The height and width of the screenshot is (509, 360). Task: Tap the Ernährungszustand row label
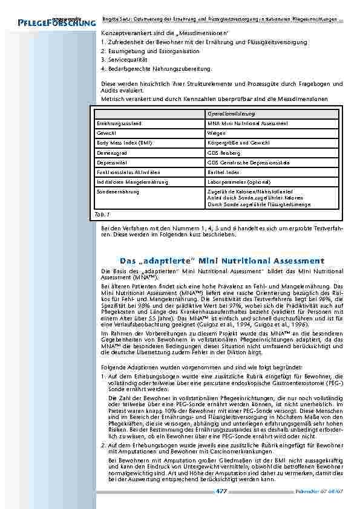(x=119, y=123)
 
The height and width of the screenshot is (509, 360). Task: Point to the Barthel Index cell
(x=223, y=172)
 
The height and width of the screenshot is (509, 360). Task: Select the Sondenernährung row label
(x=118, y=192)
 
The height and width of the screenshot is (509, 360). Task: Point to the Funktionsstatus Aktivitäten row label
(x=128, y=172)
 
